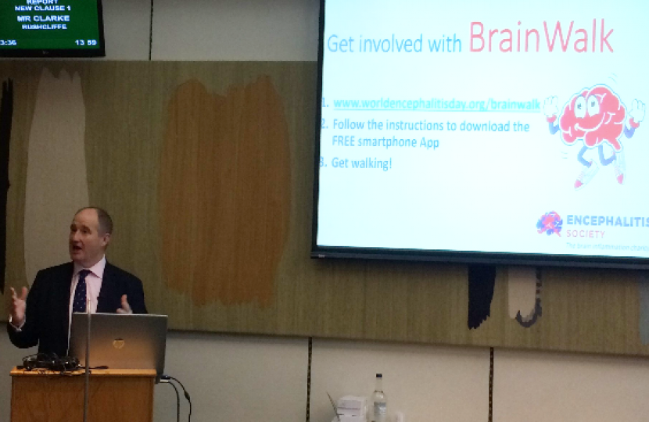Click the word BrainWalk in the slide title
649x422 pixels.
(540, 37)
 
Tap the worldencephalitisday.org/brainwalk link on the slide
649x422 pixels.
(436, 103)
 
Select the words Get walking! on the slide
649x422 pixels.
(360, 163)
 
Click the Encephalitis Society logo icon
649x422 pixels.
(549, 224)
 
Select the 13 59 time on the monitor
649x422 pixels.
(85, 42)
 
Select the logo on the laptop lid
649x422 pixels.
(118, 344)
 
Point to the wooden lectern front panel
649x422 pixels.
(82, 397)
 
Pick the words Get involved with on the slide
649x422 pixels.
(395, 43)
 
